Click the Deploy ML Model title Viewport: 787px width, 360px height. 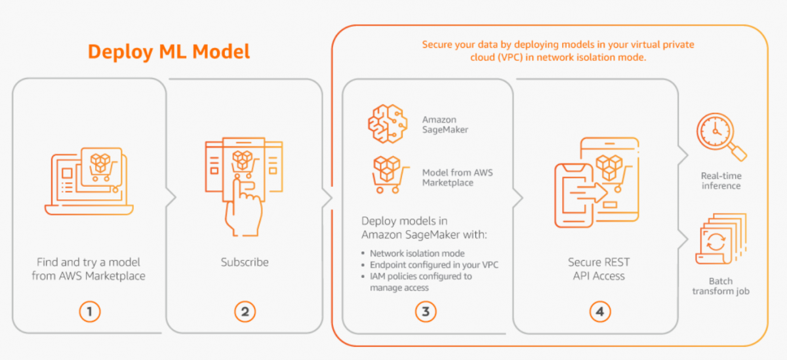[169, 52]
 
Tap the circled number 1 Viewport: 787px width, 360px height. [90, 311]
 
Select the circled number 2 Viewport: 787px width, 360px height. [245, 311]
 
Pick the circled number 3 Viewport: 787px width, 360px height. [425, 311]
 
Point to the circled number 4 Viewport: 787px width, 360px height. [599, 311]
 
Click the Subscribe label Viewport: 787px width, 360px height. [245, 262]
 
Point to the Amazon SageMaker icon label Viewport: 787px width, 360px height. [445, 125]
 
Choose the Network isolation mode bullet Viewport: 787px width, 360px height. [417, 253]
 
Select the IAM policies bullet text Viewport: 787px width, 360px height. [420, 282]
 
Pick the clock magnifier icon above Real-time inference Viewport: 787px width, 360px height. [720, 136]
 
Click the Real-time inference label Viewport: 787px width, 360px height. [721, 180]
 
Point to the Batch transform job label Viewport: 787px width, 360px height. [721, 286]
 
